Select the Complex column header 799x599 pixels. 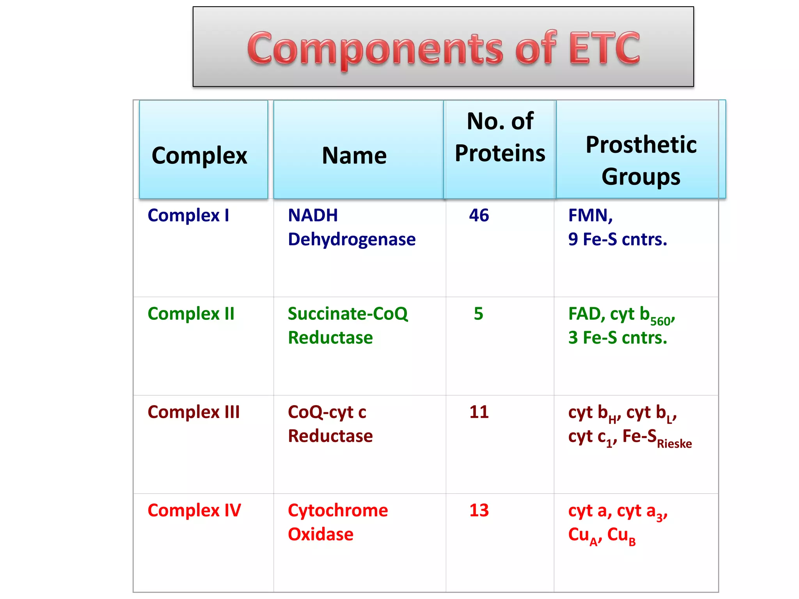(199, 156)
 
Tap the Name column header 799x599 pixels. (354, 156)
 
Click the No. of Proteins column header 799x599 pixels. (500, 137)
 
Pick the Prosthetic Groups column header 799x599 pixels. (641, 160)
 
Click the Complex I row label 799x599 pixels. (188, 215)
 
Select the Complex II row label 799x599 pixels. (191, 314)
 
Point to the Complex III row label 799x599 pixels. (194, 412)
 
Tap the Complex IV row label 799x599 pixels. (194, 510)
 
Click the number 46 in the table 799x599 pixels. (479, 215)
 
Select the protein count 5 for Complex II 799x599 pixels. (478, 314)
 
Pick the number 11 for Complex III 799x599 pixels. (479, 412)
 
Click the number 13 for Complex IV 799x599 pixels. (479, 510)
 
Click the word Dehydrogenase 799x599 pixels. (352, 239)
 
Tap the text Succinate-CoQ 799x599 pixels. (348, 314)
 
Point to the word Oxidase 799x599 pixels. (320, 534)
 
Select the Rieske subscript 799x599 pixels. (674, 444)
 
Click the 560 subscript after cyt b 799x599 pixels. (660, 321)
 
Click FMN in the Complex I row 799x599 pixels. (589, 215)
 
